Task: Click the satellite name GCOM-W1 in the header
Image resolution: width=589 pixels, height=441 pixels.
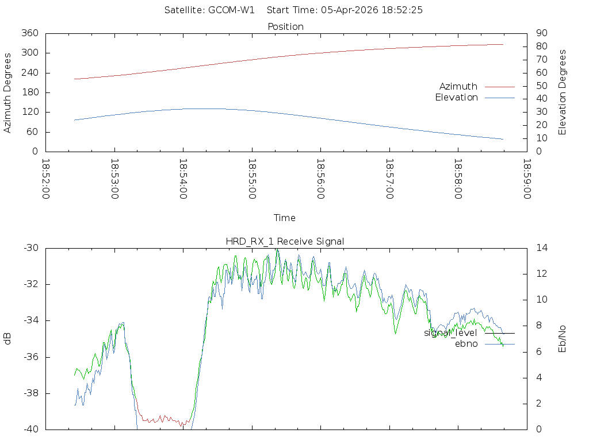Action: point(231,10)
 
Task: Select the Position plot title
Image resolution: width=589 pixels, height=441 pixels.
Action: point(285,26)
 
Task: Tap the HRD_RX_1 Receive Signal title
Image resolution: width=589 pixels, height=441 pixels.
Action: point(285,242)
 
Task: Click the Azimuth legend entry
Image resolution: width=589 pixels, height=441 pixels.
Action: point(458,87)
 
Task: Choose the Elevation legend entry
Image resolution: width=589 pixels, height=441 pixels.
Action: point(456,98)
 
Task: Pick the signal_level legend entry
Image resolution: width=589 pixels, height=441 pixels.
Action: point(450,333)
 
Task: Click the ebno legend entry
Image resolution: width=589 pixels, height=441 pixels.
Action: point(466,344)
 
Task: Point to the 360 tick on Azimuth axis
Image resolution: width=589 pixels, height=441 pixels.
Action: point(30,33)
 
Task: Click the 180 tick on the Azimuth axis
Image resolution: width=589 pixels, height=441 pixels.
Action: point(30,92)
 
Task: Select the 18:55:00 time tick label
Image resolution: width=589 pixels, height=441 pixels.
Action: point(252,179)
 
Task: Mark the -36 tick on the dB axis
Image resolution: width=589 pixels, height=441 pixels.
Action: point(30,357)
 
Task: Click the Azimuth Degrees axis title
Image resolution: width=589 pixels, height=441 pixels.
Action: point(7,92)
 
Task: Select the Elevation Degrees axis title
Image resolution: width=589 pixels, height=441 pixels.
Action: point(563,92)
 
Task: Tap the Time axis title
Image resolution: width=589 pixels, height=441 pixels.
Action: point(284,218)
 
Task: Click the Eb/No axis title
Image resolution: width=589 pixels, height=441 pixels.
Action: point(563,339)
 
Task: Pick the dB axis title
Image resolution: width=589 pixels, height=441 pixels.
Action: point(7,339)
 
